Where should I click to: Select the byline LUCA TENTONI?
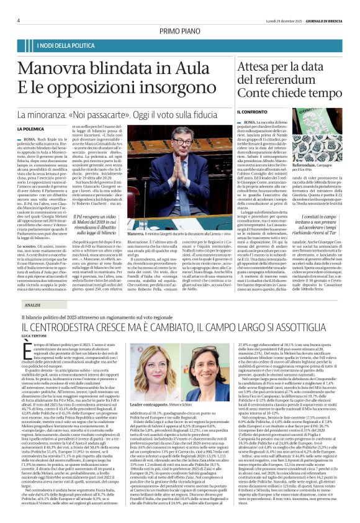point(36,334)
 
